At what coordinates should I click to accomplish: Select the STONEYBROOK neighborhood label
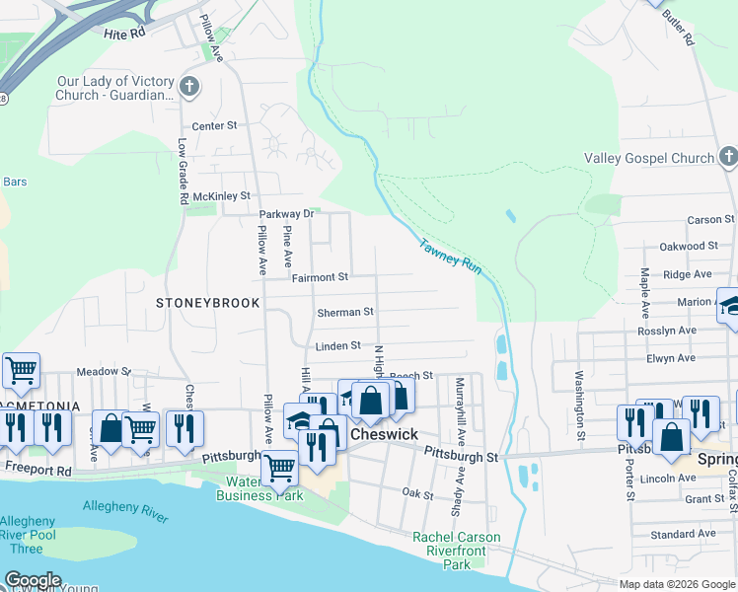[207, 303]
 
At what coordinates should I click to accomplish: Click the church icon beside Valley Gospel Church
[728, 157]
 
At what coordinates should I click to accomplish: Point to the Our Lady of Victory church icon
[189, 87]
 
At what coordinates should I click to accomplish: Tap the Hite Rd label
[124, 33]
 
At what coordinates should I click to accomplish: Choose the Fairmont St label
[321, 278]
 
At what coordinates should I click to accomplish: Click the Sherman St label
[345, 312]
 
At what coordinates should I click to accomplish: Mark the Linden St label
[337, 346]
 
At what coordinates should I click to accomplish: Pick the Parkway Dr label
[286, 213]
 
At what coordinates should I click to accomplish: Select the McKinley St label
[222, 196]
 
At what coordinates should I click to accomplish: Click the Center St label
[215, 126]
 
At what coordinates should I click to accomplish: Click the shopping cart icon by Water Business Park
[280, 467]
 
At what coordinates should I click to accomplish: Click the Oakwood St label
[689, 246]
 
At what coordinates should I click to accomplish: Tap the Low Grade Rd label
[184, 171]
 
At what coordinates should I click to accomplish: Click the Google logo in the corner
[33, 580]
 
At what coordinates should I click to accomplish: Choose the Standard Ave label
[683, 534]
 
